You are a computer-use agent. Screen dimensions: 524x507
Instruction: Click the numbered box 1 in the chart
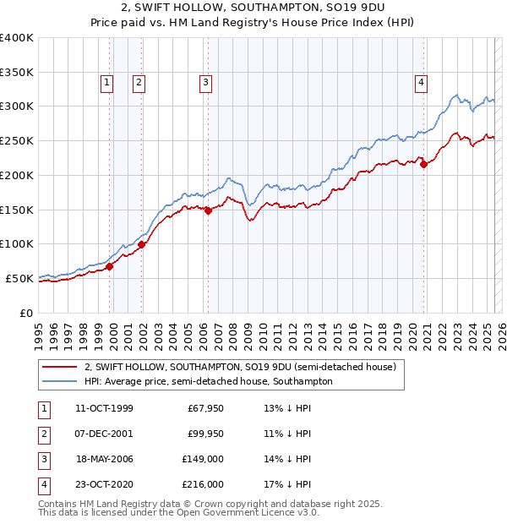tap(107, 83)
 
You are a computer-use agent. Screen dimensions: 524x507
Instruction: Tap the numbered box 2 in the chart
tap(138, 83)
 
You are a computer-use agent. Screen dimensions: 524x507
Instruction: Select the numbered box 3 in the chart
tap(205, 83)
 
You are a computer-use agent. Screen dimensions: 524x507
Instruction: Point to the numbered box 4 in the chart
tap(421, 83)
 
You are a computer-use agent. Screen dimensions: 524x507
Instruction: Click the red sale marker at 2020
tap(424, 165)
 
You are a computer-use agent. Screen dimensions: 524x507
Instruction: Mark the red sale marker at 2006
tap(208, 210)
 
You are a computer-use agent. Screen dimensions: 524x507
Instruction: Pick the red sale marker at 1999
tap(109, 266)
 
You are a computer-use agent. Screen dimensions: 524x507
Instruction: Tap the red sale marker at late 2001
tap(142, 244)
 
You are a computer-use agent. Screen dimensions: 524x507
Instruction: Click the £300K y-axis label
tap(17, 106)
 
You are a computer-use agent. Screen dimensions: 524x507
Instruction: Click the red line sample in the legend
tap(59, 368)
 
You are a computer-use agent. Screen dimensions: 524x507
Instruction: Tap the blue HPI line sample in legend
tap(59, 381)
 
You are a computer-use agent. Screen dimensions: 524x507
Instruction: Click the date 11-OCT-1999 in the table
tap(104, 408)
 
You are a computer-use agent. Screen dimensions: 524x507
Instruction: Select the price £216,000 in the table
tap(204, 484)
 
